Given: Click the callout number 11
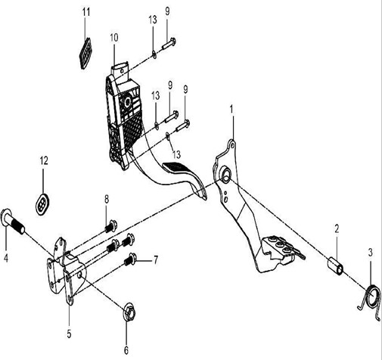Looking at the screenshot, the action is pyautogui.click(x=86, y=11).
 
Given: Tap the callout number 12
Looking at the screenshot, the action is pyautogui.click(x=44, y=160).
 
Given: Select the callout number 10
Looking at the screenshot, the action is pyautogui.click(x=114, y=38).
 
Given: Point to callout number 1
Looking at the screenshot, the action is pyautogui.click(x=231, y=110).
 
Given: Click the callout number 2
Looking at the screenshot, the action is pyautogui.click(x=337, y=229).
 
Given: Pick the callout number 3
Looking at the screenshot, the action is pyautogui.click(x=371, y=253).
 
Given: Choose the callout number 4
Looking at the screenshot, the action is pyautogui.click(x=6, y=258).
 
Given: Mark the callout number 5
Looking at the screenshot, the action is pyautogui.click(x=69, y=334).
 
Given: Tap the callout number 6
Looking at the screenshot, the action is pyautogui.click(x=126, y=350).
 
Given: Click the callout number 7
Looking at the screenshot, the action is pyautogui.click(x=156, y=260).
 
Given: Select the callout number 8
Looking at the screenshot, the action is pyautogui.click(x=107, y=200).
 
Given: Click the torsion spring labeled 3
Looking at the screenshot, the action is pyautogui.click(x=370, y=303).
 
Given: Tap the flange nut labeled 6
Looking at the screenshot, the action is pyautogui.click(x=129, y=312).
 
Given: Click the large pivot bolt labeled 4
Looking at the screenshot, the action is pyautogui.click(x=13, y=222).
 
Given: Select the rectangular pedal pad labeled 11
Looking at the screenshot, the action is pyautogui.click(x=85, y=54).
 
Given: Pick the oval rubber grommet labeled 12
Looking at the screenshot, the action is pyautogui.click(x=42, y=204).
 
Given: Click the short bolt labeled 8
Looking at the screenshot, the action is pyautogui.click(x=110, y=226).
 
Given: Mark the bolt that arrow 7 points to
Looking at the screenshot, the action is pyautogui.click(x=131, y=259).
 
